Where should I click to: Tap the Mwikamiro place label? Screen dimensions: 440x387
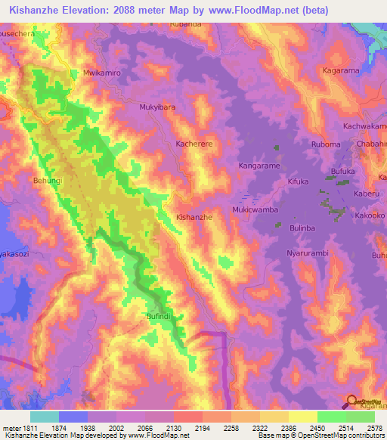[x=101, y=74]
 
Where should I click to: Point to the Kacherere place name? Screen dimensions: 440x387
[x=193, y=142]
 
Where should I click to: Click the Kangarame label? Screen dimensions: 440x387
[x=259, y=165]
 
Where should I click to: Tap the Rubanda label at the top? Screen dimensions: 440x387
[x=186, y=24]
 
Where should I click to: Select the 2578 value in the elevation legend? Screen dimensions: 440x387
[x=373, y=426]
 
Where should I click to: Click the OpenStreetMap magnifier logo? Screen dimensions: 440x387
[x=351, y=401]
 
